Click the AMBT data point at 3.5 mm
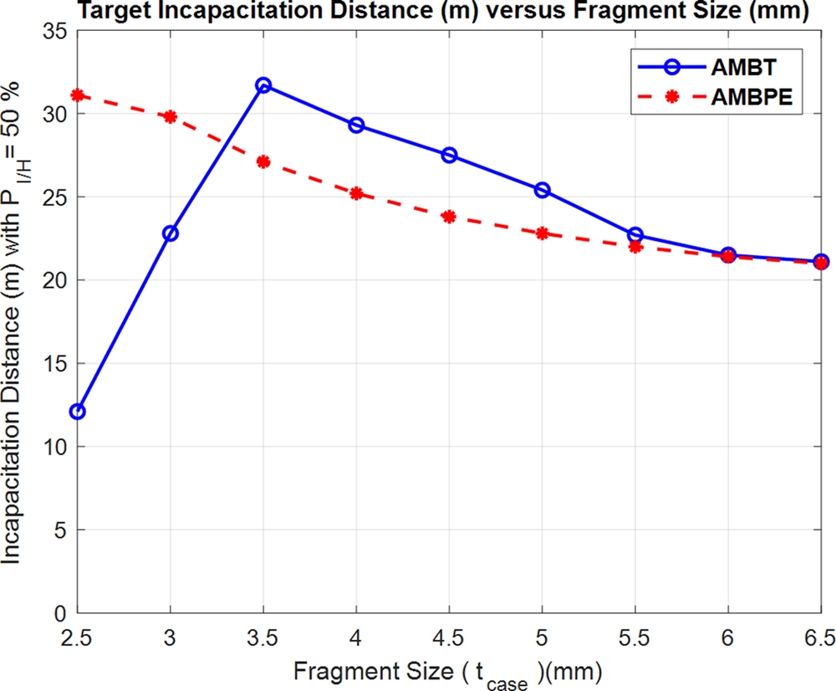[x=263, y=85]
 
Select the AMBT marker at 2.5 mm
[x=78, y=412]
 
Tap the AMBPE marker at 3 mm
[x=171, y=116]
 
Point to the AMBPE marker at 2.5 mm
[x=78, y=95]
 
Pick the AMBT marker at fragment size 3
[x=171, y=233]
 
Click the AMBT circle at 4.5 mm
[x=449, y=155]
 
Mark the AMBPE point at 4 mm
[x=356, y=193]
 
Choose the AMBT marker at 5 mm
[x=542, y=190]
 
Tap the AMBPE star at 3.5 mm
[x=263, y=161]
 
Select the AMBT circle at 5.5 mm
[x=635, y=235]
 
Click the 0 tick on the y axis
[x=62, y=613]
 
